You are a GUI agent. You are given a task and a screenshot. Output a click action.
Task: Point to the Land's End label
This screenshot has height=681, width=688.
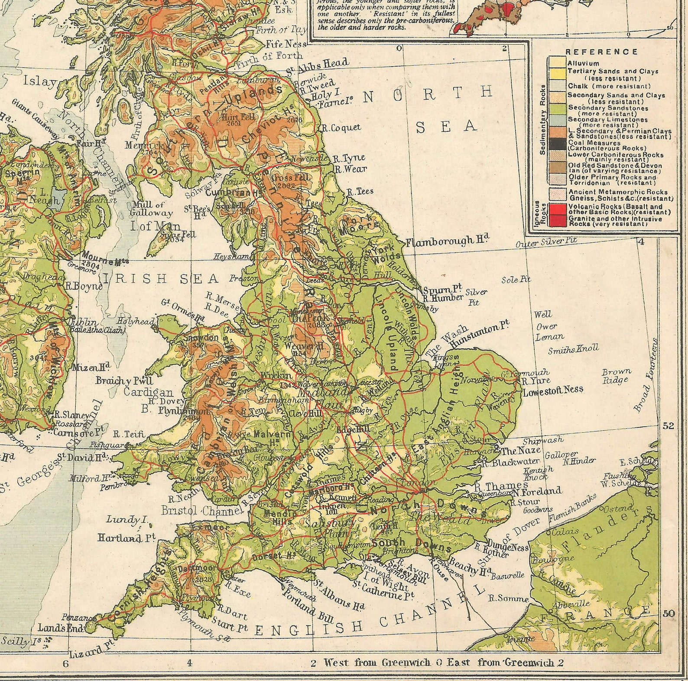(x=61, y=627)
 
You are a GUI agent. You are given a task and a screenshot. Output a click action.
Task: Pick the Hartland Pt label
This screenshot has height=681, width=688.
(x=126, y=538)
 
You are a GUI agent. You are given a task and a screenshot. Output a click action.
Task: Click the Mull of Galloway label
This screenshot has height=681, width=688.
(x=152, y=209)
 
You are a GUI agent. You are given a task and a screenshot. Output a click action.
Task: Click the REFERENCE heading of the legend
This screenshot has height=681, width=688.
(x=601, y=52)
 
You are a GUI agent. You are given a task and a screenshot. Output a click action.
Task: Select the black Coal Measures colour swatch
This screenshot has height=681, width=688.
(x=557, y=144)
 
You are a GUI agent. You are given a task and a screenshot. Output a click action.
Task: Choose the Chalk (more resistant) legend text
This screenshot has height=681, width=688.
(x=609, y=86)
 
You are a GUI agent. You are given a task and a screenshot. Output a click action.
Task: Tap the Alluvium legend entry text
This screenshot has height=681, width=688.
(x=583, y=63)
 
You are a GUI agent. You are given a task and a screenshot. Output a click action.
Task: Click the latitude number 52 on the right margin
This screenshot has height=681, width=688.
(x=669, y=426)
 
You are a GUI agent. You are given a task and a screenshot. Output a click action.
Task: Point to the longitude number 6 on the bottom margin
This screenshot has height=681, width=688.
(x=65, y=664)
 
